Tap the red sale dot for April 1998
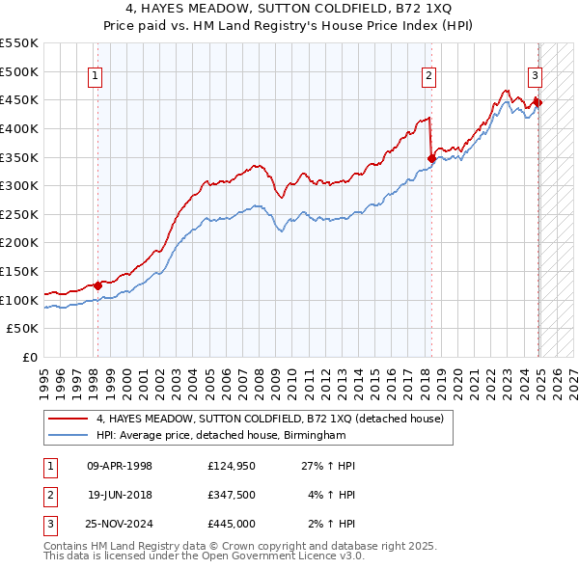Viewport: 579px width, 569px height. click(x=98, y=285)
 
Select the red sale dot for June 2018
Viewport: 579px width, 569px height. click(x=431, y=158)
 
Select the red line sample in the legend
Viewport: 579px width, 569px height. click(x=68, y=419)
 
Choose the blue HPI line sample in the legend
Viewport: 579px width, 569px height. click(x=68, y=436)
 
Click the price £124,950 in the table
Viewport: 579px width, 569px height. click(x=231, y=466)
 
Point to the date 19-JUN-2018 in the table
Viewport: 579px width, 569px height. click(x=120, y=495)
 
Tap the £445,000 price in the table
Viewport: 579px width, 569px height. click(x=231, y=524)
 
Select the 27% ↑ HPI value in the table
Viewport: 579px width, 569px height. click(x=328, y=466)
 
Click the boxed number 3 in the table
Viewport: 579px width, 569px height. click(x=47, y=524)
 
